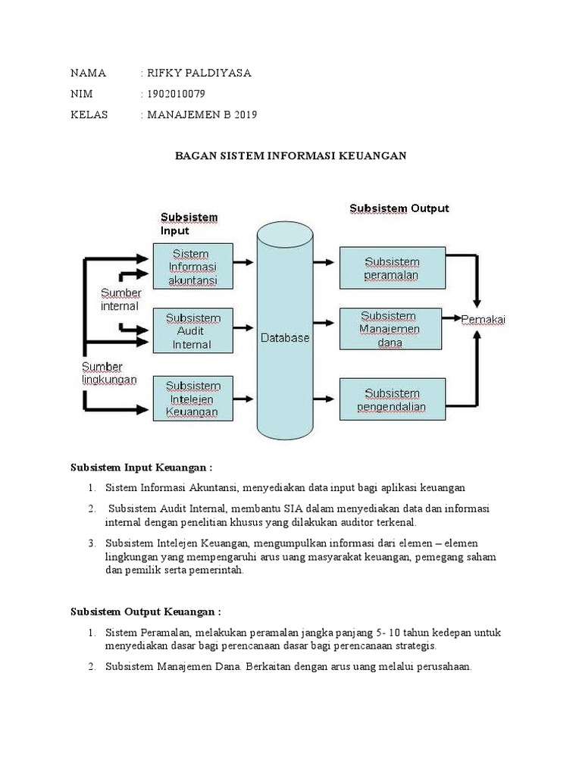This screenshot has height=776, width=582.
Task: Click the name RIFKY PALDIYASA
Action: click(198, 74)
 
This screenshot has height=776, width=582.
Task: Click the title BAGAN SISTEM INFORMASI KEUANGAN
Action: click(292, 155)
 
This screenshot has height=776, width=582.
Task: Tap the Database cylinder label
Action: click(285, 338)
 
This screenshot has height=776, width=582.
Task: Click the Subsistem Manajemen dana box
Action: click(391, 329)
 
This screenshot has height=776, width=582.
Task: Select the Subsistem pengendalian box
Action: click(392, 400)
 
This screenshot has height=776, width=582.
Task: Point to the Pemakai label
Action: click(483, 320)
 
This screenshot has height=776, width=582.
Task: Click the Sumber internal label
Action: click(120, 299)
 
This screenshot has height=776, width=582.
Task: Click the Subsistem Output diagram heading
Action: click(399, 208)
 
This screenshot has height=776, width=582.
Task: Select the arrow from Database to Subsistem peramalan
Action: click(324, 262)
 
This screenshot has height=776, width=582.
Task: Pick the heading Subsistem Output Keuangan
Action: click(145, 611)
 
